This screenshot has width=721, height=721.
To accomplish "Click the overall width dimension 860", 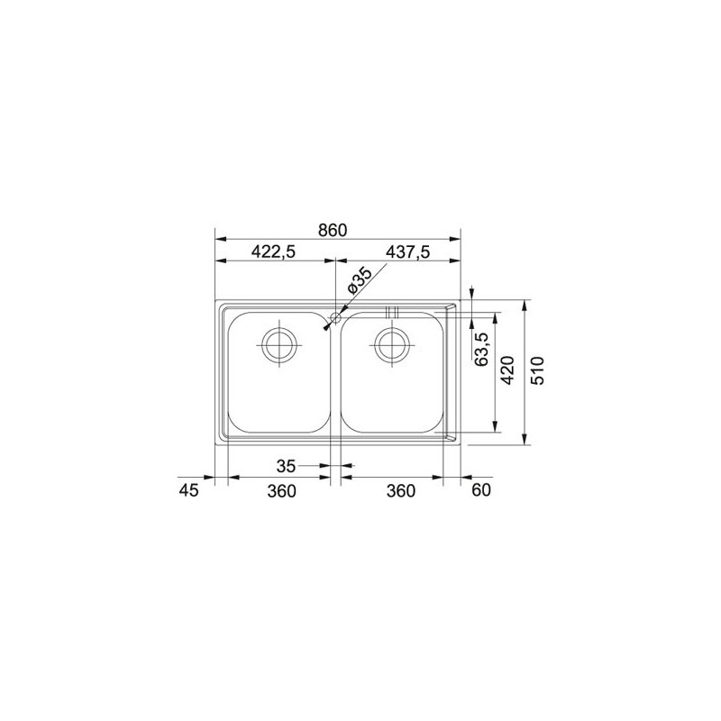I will pyautogui.click(x=333, y=231).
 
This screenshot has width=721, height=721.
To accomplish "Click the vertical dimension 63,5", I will pyautogui.click(x=481, y=349).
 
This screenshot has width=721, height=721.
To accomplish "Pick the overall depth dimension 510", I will pyautogui.click(x=538, y=370).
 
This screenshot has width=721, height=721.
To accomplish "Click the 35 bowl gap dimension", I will pyautogui.click(x=286, y=466).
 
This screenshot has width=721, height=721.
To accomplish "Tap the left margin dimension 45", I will pyautogui.click(x=188, y=490).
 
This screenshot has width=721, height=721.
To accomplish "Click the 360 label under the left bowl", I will pyautogui.click(x=282, y=490).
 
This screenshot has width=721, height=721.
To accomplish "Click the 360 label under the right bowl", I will pyautogui.click(x=400, y=490).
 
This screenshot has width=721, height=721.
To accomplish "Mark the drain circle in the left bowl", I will pyautogui.click(x=278, y=343).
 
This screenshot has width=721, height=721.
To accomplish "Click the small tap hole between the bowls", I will pyautogui.click(x=335, y=317).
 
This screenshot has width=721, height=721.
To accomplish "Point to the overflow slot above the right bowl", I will pyautogui.click(x=392, y=312).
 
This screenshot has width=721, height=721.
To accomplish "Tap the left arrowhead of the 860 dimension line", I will pyautogui.click(x=218, y=240).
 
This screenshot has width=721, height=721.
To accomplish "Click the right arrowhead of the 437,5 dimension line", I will pyautogui.click(x=457, y=262).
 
